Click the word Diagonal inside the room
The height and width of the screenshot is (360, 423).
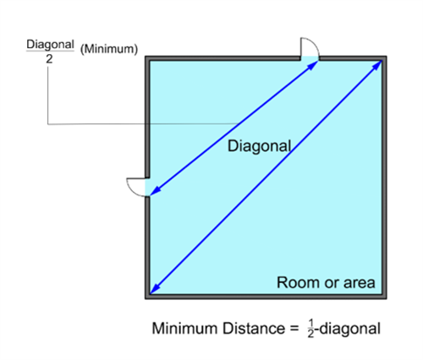[x=260, y=146]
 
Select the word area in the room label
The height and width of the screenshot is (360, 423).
[x=359, y=283]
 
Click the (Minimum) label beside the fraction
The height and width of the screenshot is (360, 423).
[x=109, y=49]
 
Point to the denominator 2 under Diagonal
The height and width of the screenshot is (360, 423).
[x=49, y=59]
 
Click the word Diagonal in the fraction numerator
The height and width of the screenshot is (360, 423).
[x=50, y=45]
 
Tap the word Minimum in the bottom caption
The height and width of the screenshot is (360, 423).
[x=184, y=329]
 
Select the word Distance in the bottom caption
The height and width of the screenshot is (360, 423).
[x=254, y=329]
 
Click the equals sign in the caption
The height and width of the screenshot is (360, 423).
[x=294, y=329]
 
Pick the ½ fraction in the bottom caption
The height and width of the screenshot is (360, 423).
[x=310, y=329]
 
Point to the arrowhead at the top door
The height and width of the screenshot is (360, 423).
[x=313, y=65]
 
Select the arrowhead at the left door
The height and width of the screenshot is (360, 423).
[x=155, y=191]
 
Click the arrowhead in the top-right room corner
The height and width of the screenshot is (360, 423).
[x=378, y=64]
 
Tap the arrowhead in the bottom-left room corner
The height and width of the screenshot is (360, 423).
[x=155, y=290]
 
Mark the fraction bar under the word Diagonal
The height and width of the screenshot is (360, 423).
[x=50, y=52]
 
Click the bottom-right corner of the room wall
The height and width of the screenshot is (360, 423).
[x=387, y=298]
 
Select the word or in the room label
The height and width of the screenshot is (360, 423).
[x=332, y=284]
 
